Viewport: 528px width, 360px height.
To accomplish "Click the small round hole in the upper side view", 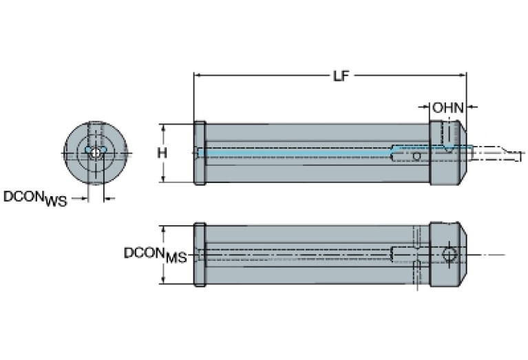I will (416, 157).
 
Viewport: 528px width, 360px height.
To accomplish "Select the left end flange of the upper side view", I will (200, 153).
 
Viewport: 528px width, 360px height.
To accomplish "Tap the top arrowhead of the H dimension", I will (162, 127).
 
